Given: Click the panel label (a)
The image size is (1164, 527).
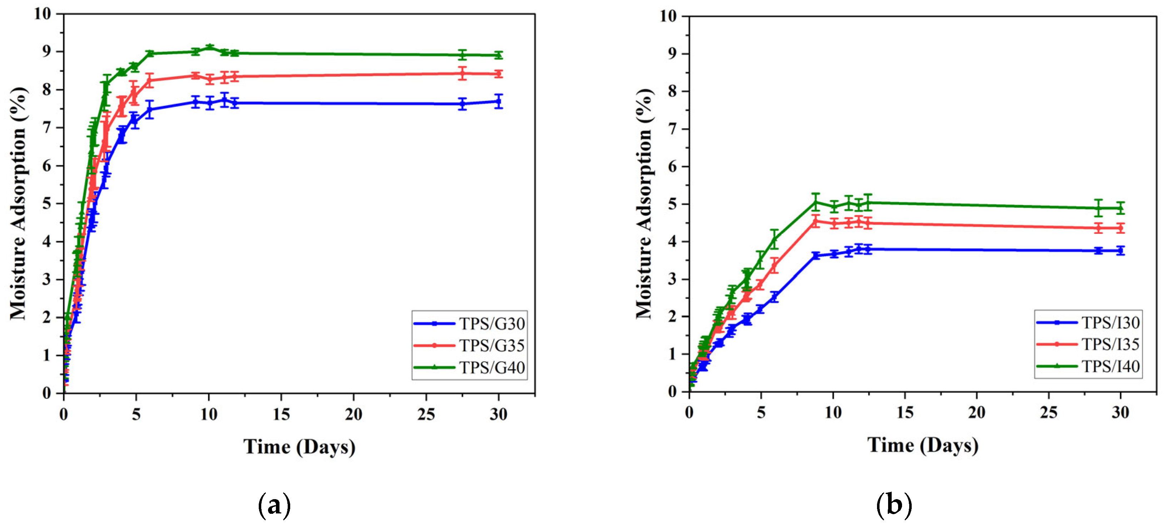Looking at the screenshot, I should pos(274,505).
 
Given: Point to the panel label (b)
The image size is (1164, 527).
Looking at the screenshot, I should pos(894,505).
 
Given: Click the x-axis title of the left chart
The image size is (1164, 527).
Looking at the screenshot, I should pos(299,447).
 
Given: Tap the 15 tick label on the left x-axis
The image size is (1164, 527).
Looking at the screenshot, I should pos(281,414).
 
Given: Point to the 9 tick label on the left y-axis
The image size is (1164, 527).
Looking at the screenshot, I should pos(47,51).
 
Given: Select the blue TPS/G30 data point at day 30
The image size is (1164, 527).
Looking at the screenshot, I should pos(499,102).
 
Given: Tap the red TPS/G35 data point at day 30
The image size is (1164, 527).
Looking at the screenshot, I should pos(499,74).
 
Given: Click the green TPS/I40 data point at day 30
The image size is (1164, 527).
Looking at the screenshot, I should pos(1120,208).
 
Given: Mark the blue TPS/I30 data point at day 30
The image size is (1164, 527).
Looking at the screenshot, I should pos(1120,251).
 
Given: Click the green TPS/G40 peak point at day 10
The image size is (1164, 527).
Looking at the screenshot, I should pos(209,47).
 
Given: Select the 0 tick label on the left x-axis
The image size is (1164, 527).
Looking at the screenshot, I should pos(64,414).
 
